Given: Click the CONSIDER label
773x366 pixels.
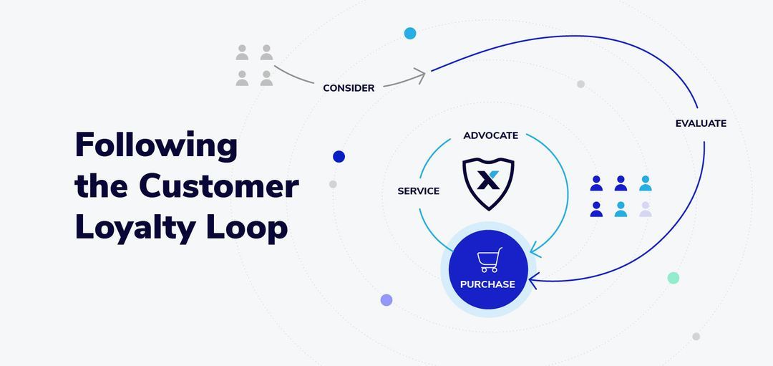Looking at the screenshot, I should point(349,88).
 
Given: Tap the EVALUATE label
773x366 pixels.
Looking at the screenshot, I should point(701,123).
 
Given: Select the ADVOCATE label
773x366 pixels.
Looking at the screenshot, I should point(490,135).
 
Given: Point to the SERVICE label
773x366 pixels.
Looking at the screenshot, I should point(418,191).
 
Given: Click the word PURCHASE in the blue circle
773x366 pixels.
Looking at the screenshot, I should point(487,284).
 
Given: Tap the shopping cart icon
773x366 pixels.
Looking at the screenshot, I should point(490,260).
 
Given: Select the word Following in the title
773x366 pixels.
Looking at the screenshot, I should point(156,145).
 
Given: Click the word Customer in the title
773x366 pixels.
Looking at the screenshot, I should point(218,186).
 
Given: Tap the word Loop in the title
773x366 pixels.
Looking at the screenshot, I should point(253,228).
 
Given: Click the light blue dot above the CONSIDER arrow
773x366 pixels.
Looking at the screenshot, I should point(410,33).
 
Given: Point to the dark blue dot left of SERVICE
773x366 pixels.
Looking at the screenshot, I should point(339,157).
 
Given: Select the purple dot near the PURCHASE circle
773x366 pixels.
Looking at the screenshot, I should point(386,300).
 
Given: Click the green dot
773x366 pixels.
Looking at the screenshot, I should point(673,278).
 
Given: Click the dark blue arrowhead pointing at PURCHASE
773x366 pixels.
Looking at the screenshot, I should point(533,281).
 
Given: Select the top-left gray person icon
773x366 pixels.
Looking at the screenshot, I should point(242,52).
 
